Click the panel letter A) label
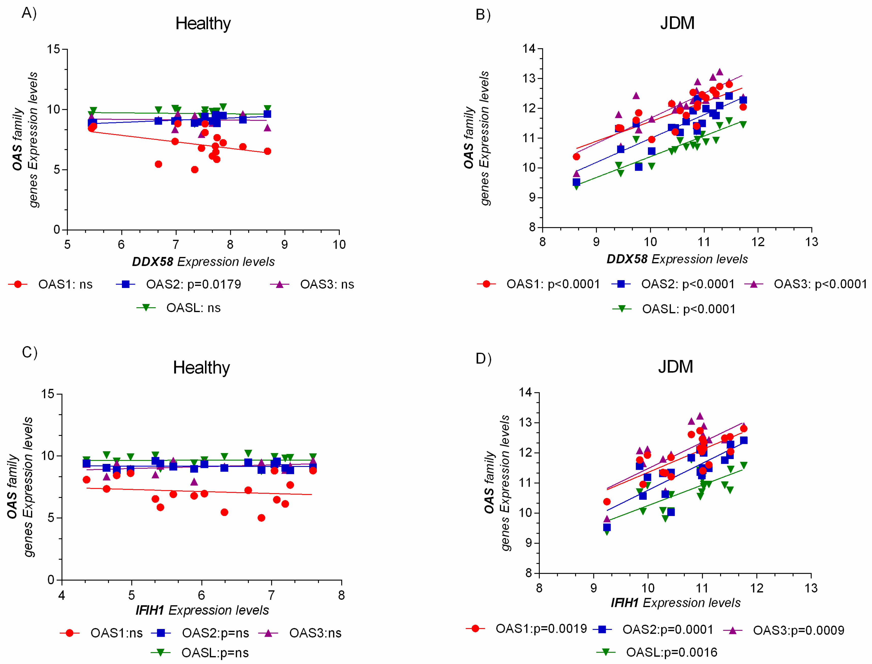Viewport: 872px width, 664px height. [x=29, y=13]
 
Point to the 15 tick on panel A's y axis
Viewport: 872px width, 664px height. [x=53, y=50]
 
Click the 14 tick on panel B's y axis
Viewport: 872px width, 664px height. [x=529, y=48]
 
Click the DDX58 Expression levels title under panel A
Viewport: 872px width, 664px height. [x=203, y=262]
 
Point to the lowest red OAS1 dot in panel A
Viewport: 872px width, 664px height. [x=195, y=170]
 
